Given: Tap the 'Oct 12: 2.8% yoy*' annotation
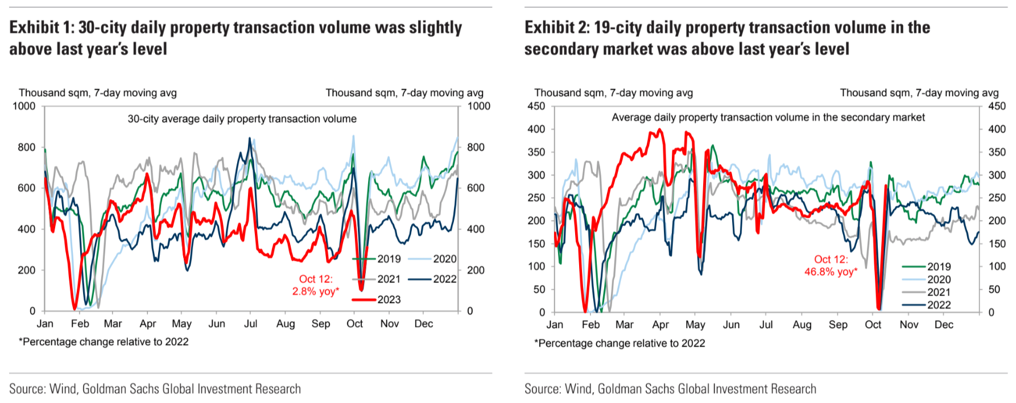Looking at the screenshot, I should tap(316, 285).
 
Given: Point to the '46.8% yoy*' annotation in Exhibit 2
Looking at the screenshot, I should tap(831, 272).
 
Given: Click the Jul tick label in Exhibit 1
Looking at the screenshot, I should tap(250, 324).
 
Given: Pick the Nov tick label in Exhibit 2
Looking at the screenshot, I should tap(908, 325).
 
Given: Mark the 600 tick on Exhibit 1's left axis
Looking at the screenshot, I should tap(26, 188).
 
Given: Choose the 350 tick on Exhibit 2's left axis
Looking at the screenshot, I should tap(536, 152).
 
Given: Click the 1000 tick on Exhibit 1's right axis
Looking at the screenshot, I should tap(478, 106).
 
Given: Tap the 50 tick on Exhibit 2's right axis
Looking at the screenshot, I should tap(994, 289).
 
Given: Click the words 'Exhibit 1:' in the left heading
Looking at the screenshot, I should tap(41, 27).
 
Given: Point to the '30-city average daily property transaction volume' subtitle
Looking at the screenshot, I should tap(242, 119).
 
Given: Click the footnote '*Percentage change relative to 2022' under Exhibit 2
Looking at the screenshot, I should tap(619, 343).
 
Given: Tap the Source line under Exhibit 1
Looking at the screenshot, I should tap(155, 389).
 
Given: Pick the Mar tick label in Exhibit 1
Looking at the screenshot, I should tap(113, 324).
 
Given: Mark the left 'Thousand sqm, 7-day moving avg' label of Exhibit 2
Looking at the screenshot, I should tap(613, 93).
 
